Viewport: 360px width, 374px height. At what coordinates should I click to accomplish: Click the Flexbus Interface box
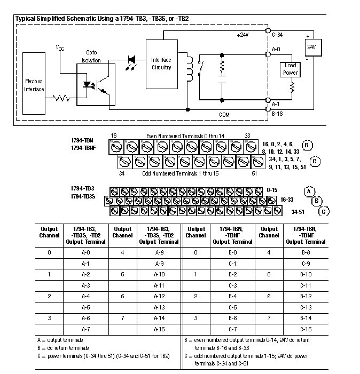click(x=34, y=85)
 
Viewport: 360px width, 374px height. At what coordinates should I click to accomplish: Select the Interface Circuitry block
click(x=161, y=63)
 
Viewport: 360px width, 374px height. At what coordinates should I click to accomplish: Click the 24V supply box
click(x=311, y=47)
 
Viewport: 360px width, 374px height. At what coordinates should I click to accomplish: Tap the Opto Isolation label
click(x=91, y=57)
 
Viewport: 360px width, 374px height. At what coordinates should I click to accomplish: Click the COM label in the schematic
click(x=224, y=114)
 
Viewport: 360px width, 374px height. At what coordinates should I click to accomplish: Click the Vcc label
click(x=60, y=47)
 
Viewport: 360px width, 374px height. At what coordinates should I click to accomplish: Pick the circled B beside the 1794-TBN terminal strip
click(x=307, y=145)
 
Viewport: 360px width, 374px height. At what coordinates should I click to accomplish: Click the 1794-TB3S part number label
click(x=83, y=197)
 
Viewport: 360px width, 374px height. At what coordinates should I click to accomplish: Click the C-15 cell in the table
click(x=306, y=329)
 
